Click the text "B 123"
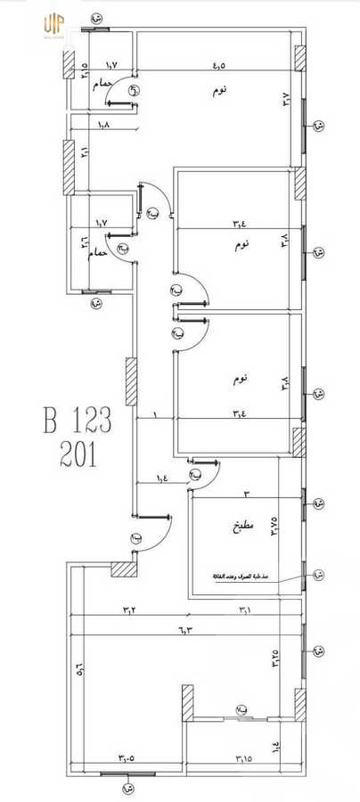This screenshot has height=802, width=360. [80, 420]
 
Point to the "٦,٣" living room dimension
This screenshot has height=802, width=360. [185, 631]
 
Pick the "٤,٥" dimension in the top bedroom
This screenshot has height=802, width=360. [218, 65]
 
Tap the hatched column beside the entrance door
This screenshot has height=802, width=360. [124, 569]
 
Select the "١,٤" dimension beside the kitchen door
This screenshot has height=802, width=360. [162, 479]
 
